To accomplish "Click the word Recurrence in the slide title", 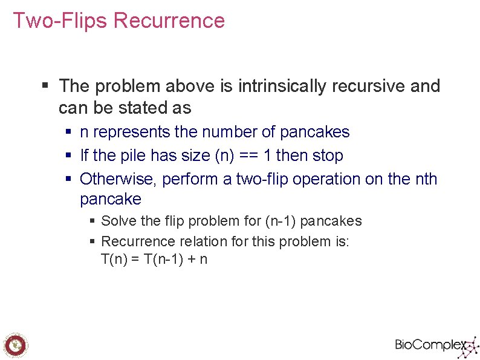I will coord(169,21).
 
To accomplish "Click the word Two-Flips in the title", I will coord(60,21).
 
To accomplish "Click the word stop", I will coord(327,155).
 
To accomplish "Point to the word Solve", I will coord(118,221).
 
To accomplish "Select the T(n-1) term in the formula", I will coord(163,260).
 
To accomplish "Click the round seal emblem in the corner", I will coord(15,345).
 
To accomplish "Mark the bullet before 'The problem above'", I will coord(45,87).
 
